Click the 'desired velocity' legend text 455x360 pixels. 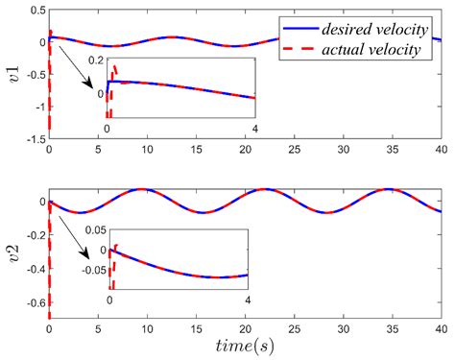(370, 29)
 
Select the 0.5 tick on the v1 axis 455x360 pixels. (32, 10)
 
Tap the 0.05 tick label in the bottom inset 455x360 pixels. (92, 230)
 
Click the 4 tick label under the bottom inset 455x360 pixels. (248, 300)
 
